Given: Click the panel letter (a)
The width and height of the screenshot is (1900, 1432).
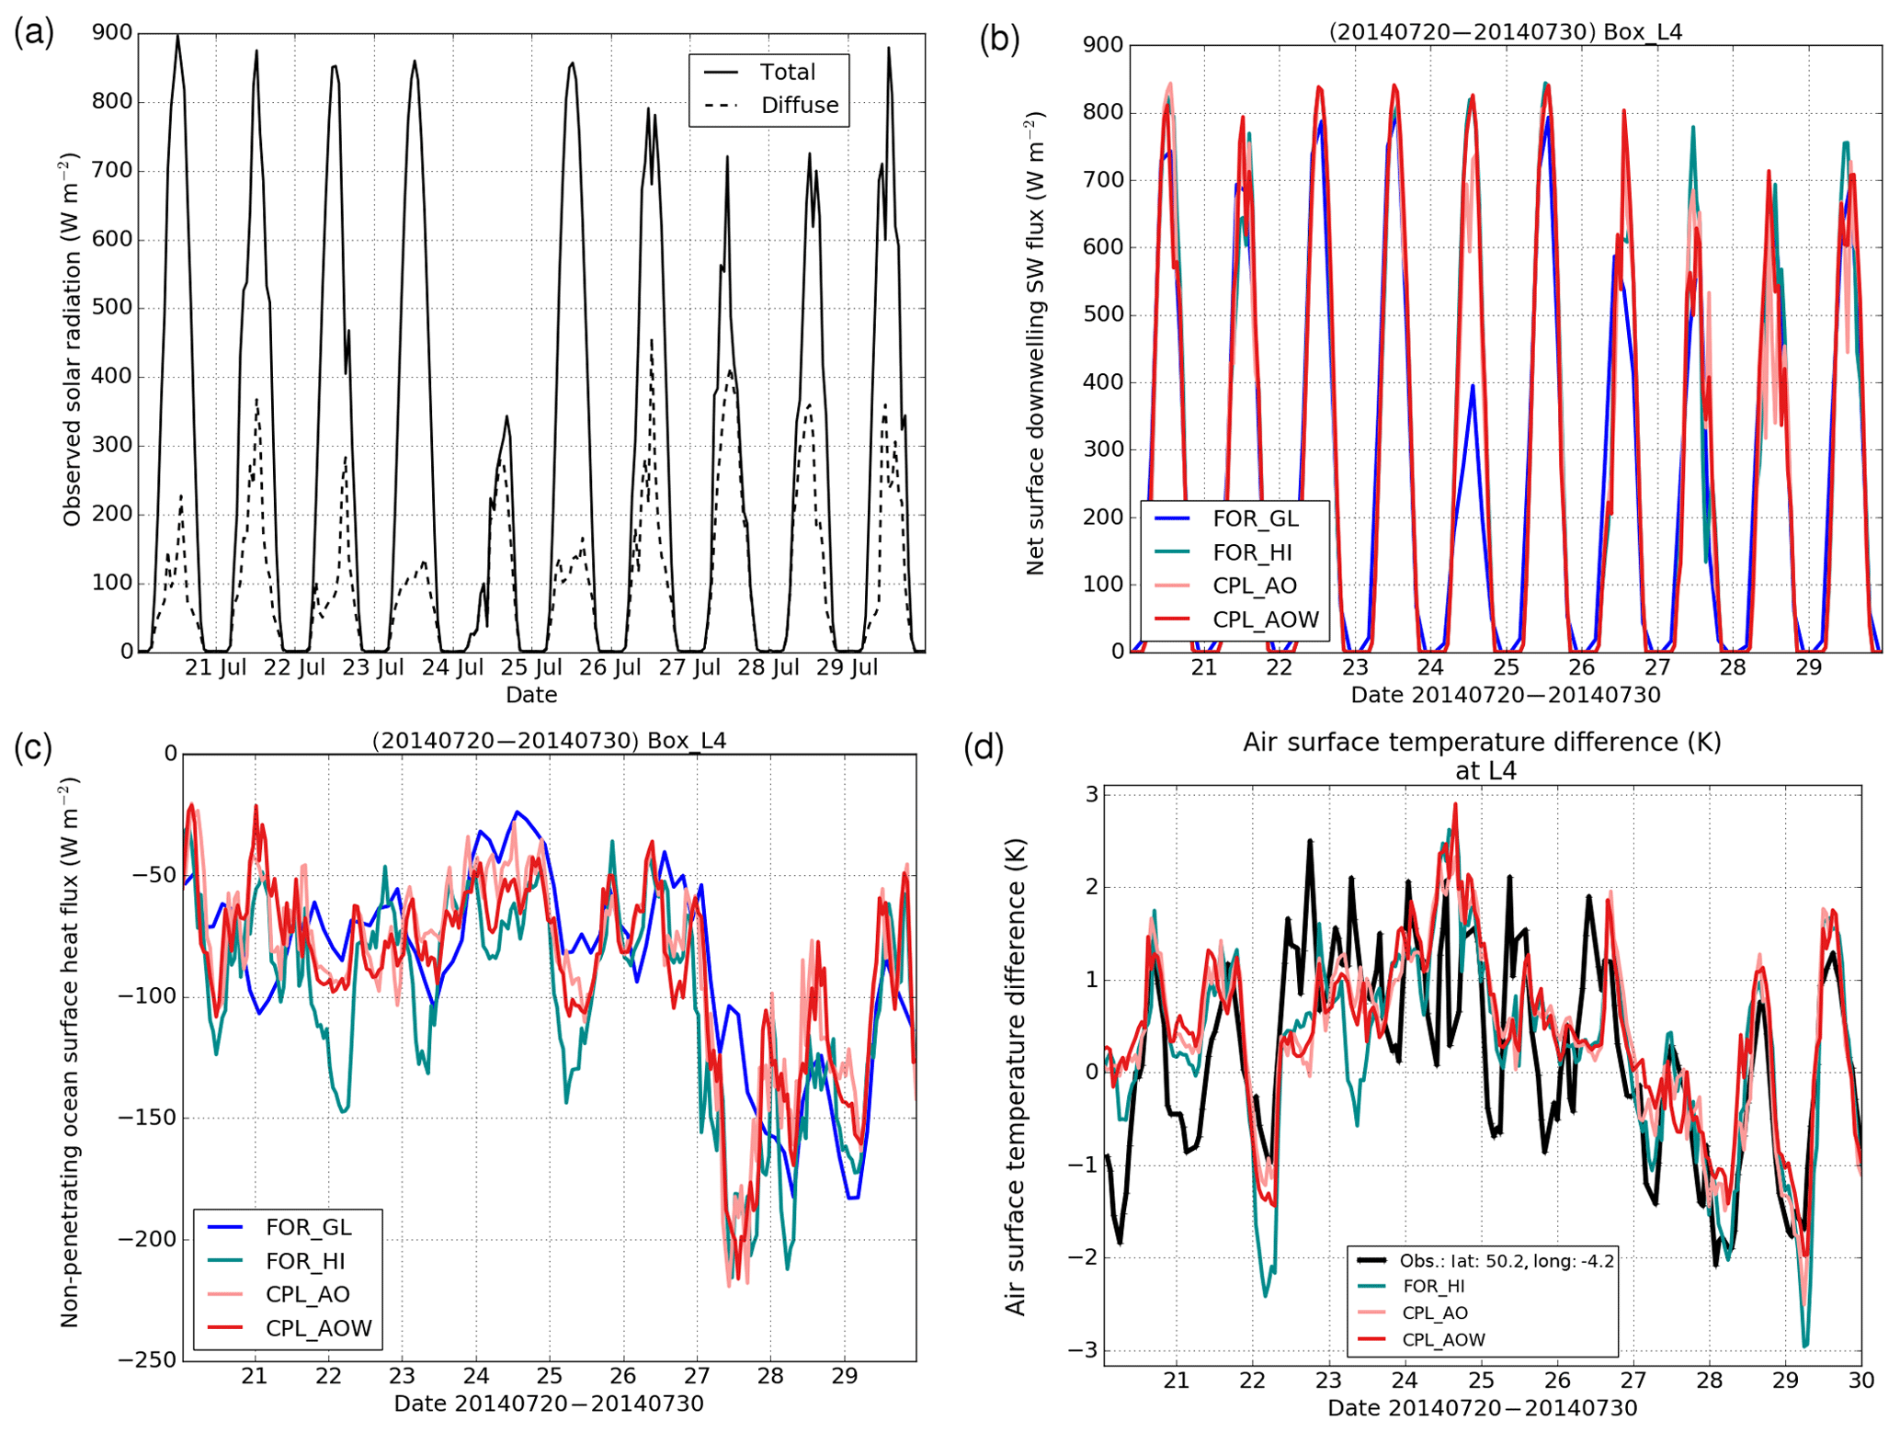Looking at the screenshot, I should point(33,33).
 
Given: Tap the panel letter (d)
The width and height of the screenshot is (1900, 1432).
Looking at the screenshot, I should point(983,748).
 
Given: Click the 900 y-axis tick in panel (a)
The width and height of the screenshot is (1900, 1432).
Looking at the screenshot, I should point(112,33).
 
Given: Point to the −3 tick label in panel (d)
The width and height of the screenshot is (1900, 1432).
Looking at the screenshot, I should point(1083,1350).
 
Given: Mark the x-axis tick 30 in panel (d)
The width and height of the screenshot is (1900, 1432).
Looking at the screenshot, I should point(1860,1381).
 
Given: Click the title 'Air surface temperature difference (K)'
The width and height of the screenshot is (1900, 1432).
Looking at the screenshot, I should point(1482,743).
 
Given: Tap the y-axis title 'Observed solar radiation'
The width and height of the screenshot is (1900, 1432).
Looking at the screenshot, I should point(72,340).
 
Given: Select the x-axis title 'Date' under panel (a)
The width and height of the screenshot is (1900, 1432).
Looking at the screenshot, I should point(531,695).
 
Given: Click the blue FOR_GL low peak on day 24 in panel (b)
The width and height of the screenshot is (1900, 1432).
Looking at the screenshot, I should point(1472,386).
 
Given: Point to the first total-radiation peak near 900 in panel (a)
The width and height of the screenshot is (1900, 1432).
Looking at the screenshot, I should point(177,37).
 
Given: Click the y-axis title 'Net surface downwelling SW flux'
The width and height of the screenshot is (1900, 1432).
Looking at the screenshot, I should point(1035,345).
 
